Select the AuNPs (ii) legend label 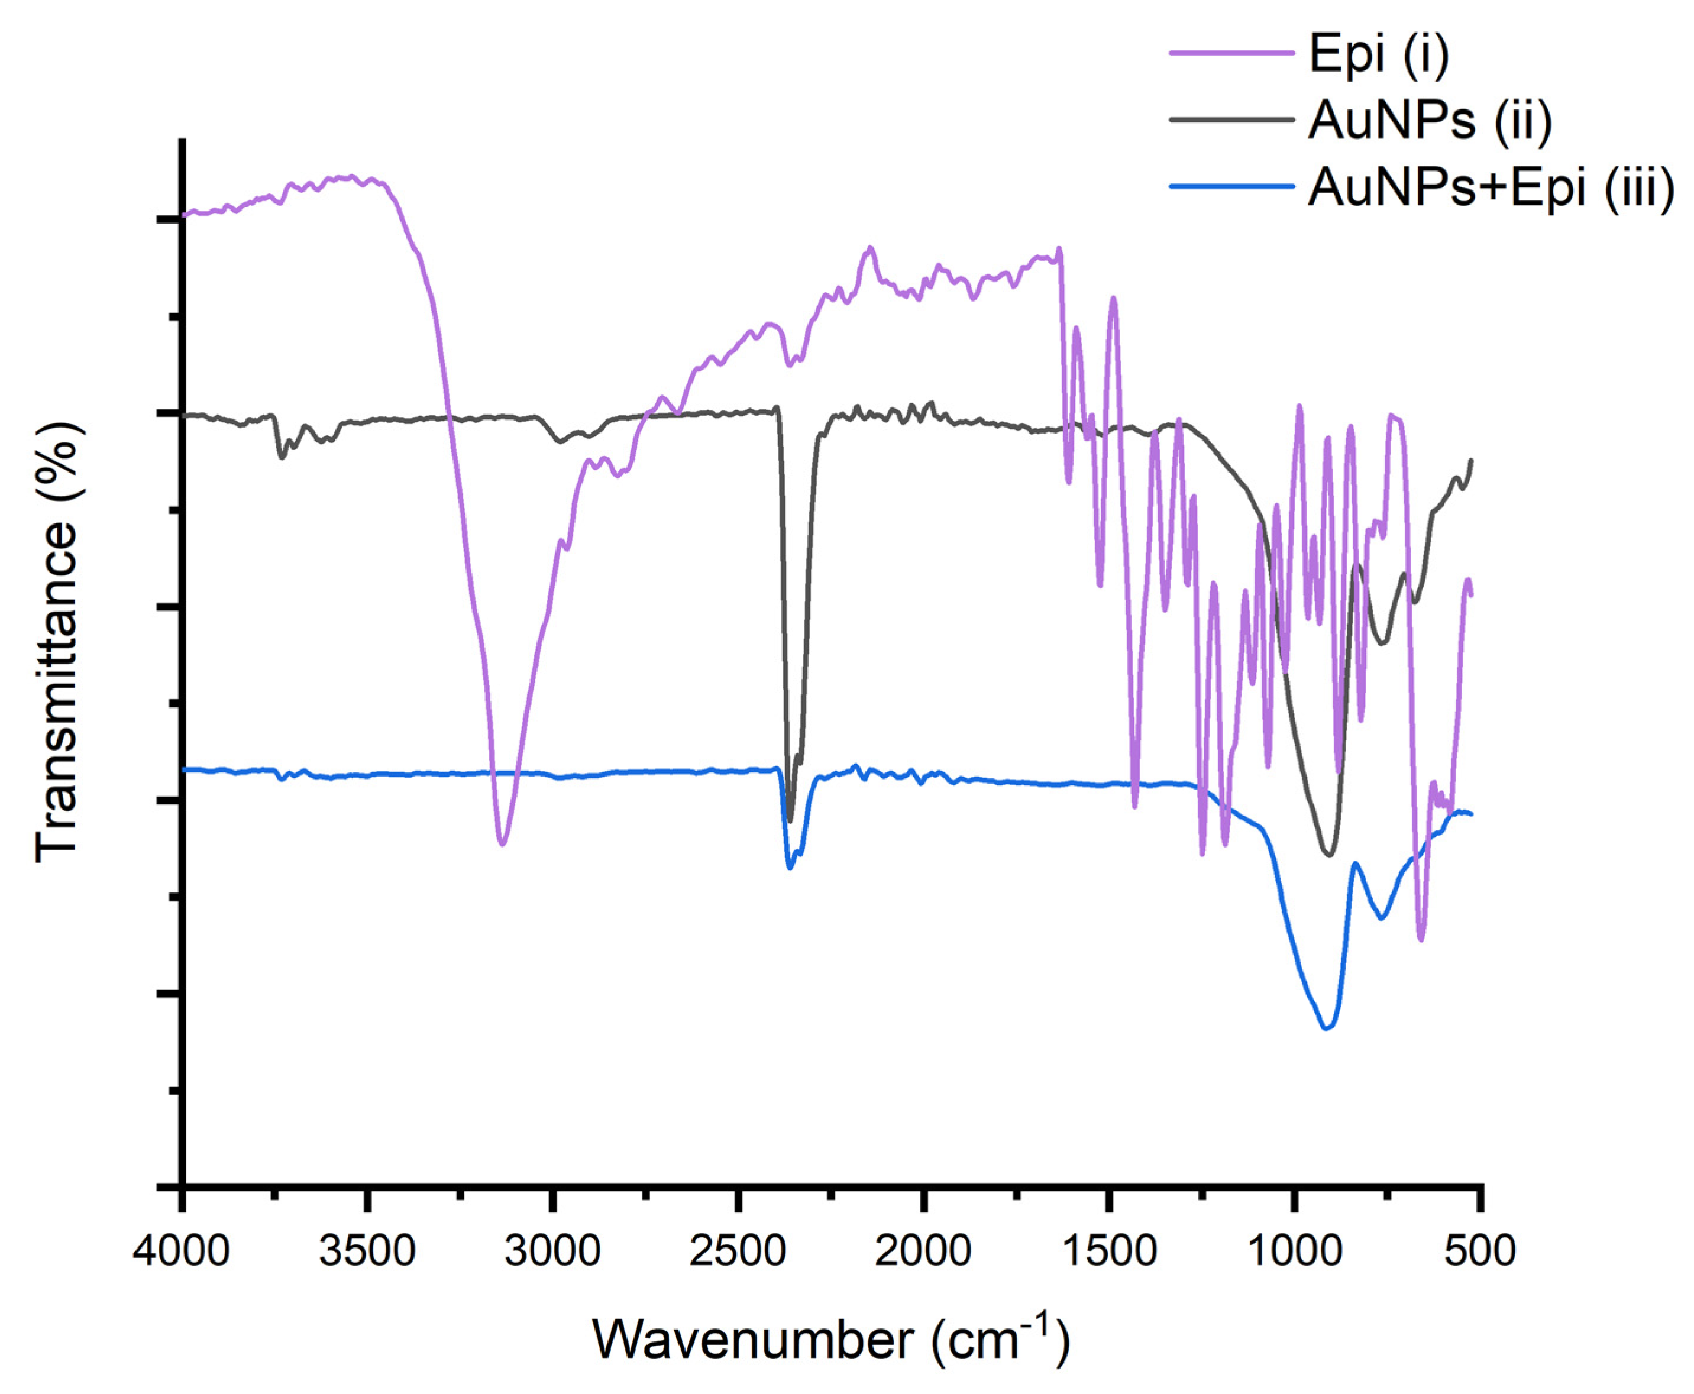click(x=1429, y=121)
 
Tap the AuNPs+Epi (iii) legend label click(x=1490, y=189)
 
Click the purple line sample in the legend click(x=1231, y=52)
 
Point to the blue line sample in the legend click(x=1231, y=186)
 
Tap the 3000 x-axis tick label click(x=552, y=1251)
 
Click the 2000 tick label click(x=923, y=1251)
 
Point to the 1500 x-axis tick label click(x=1108, y=1251)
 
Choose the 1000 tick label click(x=1294, y=1251)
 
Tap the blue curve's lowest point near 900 click(x=1327, y=1028)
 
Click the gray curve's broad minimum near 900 click(x=1328, y=855)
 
